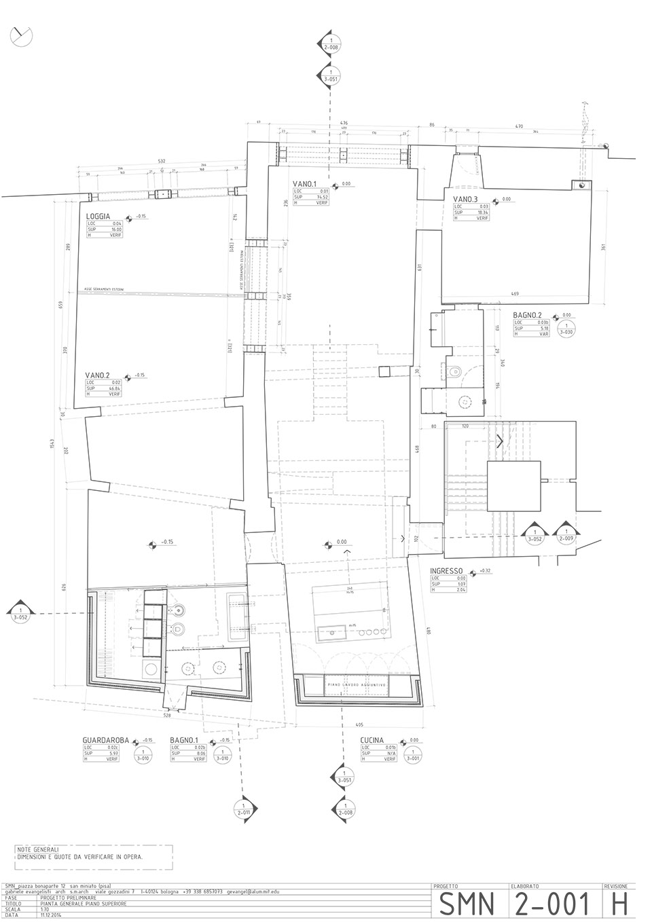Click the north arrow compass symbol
pyautogui.click(x=21, y=36)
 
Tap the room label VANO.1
pyautogui.click(x=306, y=184)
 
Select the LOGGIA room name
pyautogui.click(x=99, y=217)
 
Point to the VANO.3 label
pyautogui.click(x=466, y=199)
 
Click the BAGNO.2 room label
pyautogui.click(x=528, y=316)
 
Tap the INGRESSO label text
pyautogui.click(x=446, y=571)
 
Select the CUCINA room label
pyautogui.click(x=373, y=740)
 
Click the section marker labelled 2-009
pyautogui.click(x=566, y=534)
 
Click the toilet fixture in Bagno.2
pyautogui.click(x=456, y=371)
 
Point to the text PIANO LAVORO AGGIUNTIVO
pyautogui.click(x=357, y=685)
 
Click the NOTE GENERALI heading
pyautogui.click(x=38, y=850)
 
